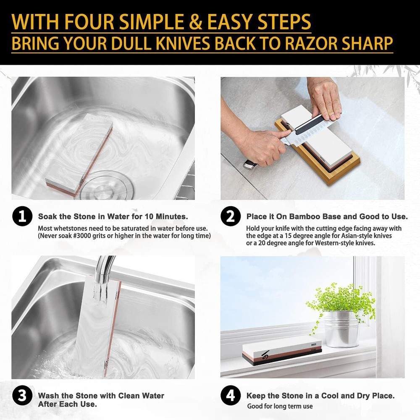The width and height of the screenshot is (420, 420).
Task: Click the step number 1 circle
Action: (22, 217)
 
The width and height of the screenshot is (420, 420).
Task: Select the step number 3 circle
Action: (22, 396)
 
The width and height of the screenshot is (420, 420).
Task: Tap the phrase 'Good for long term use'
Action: (280, 407)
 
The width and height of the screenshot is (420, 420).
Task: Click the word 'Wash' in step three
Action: (49, 396)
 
